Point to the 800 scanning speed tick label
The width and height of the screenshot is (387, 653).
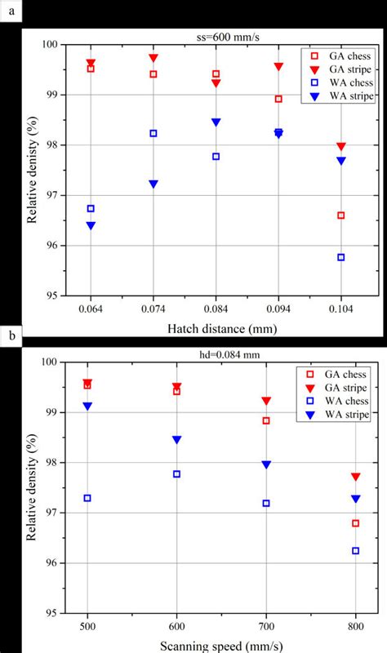[355, 626]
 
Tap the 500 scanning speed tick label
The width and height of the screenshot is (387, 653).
[87, 626]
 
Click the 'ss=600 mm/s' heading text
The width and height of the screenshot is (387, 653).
[215, 37]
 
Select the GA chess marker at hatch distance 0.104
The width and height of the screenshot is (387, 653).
[341, 215]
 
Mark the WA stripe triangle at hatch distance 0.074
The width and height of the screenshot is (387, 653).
[153, 184]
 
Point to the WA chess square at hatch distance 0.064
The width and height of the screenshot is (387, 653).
[91, 209]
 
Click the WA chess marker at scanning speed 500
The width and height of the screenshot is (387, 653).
[87, 498]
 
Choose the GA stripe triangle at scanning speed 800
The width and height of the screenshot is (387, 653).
[355, 477]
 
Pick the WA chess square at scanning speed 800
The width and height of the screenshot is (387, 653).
[355, 551]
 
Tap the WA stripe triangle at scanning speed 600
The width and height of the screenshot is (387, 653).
[176, 440]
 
